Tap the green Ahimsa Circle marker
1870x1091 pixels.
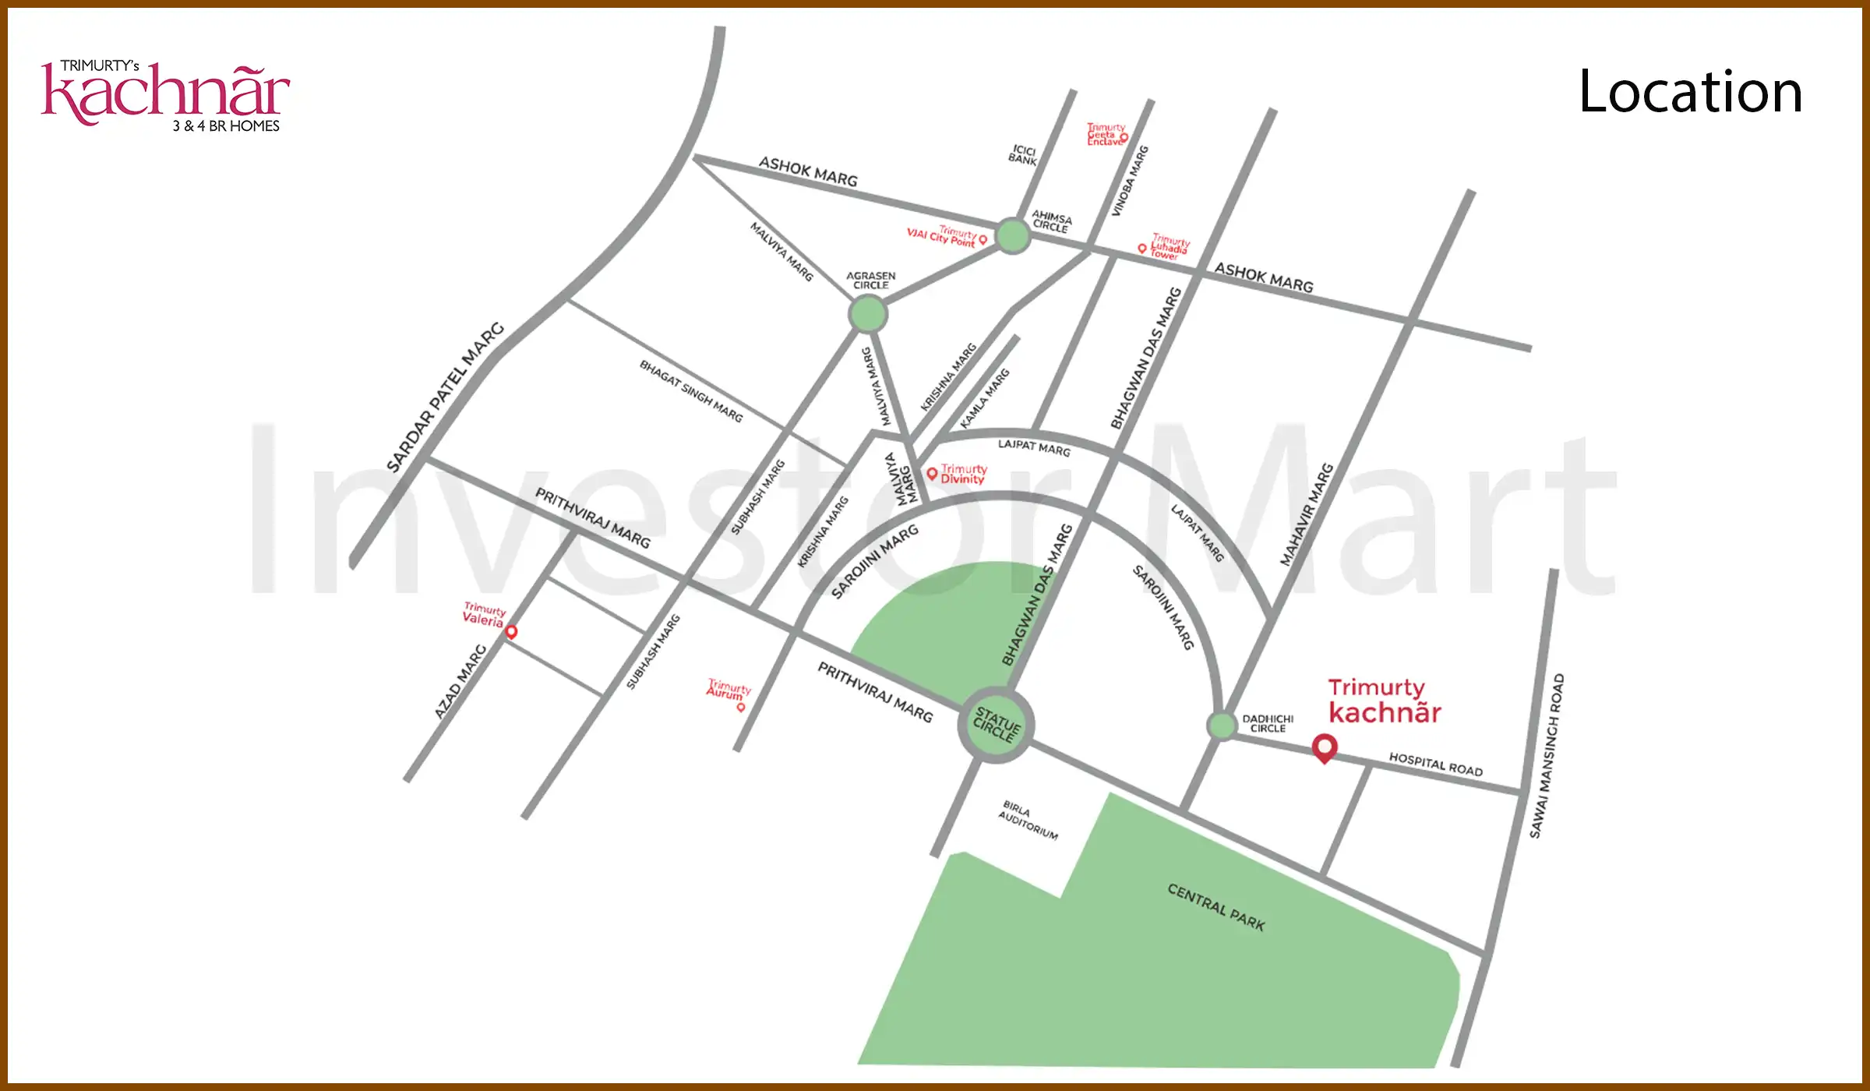point(1013,235)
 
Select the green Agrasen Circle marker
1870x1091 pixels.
point(867,315)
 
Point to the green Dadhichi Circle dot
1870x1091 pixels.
point(1222,726)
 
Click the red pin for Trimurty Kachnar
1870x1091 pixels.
point(1325,747)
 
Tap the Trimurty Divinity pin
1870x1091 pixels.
point(932,474)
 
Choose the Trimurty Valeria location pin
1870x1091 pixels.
point(511,631)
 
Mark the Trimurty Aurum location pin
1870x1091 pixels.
point(741,707)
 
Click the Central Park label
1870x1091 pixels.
point(1215,907)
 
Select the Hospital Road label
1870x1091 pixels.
point(1435,764)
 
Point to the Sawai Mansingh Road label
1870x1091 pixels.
point(1547,756)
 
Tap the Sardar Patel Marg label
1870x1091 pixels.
point(445,397)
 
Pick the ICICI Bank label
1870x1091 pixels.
point(1023,154)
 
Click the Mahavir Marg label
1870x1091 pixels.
point(1307,514)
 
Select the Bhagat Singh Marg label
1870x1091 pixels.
point(691,390)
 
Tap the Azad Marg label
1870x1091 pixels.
point(460,681)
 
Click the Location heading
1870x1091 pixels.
point(1690,92)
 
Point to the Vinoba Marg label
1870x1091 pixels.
point(1129,181)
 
